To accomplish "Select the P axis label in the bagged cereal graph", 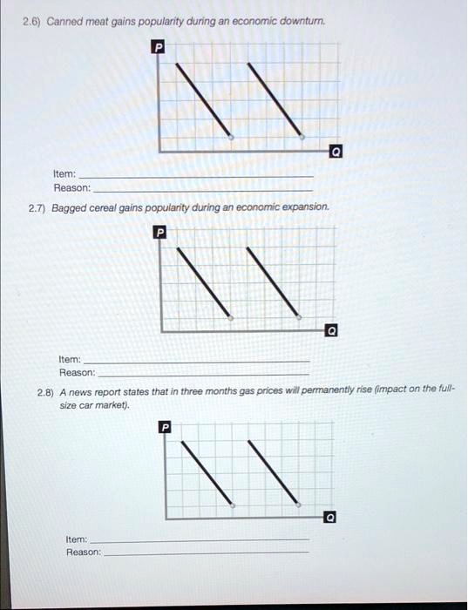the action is point(159,233).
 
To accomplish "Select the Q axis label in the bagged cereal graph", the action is point(329,332).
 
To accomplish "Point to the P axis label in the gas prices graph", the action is point(166,427).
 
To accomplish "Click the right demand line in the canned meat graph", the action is point(279,100).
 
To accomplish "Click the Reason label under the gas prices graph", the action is point(84,552).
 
